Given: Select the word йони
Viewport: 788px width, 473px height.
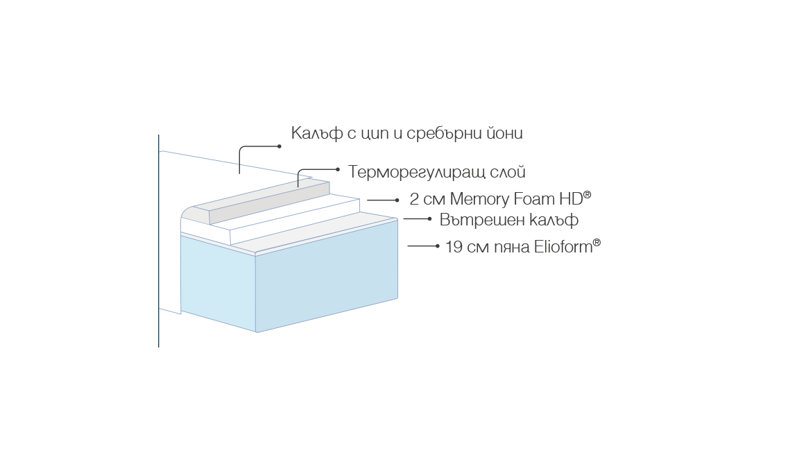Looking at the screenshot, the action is tap(504, 132).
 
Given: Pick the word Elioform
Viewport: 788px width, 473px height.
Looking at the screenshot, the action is tap(563, 247).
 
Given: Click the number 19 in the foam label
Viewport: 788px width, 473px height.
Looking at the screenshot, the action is tap(454, 247).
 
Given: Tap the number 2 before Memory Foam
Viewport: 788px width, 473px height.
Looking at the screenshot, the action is tap(414, 199).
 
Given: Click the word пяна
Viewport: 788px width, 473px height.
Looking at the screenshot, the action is tap(512, 248).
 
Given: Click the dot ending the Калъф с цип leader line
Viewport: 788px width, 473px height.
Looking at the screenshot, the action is tap(280, 146).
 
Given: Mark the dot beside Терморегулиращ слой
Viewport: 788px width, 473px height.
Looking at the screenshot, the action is tap(338, 169).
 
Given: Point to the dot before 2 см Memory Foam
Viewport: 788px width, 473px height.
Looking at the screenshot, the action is tap(397, 200).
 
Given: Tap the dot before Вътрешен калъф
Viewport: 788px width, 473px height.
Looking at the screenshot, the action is tap(429, 218).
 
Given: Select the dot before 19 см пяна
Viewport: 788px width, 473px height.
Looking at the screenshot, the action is tap(438, 246).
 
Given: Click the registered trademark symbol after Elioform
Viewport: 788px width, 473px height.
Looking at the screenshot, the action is tap(597, 242).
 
